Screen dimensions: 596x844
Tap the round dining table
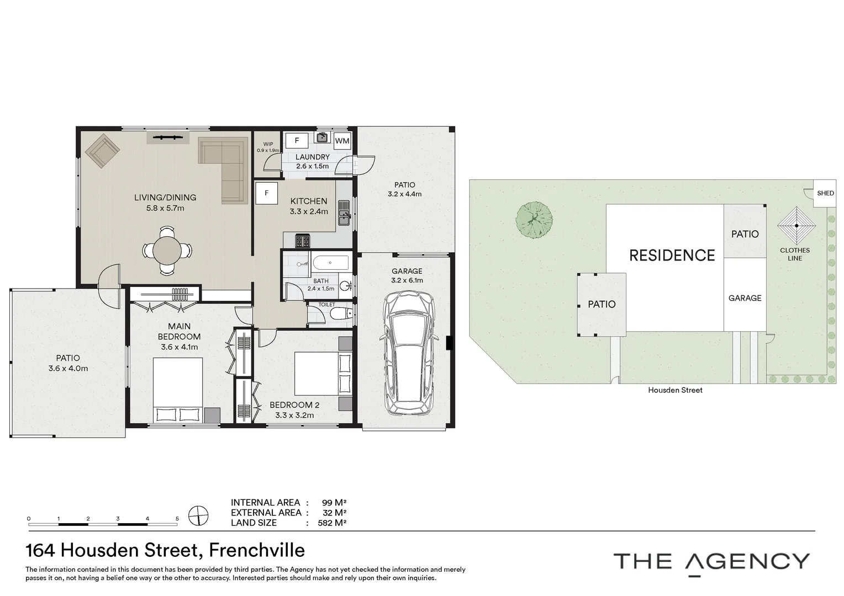167,251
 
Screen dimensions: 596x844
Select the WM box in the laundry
342,141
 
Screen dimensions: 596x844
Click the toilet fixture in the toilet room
341,314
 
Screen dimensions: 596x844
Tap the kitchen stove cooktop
302,241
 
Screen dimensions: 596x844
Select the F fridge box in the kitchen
266,193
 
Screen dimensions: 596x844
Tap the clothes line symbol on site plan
796,225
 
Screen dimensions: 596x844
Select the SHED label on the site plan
825,193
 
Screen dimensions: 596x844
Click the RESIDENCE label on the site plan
672,255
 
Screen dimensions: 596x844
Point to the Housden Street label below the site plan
675,390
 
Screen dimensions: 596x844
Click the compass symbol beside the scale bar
198,515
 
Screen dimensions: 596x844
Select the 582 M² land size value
331,523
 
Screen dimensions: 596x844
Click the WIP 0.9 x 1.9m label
268,147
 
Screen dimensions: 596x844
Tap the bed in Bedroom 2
317,374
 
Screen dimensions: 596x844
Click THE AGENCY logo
711,562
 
